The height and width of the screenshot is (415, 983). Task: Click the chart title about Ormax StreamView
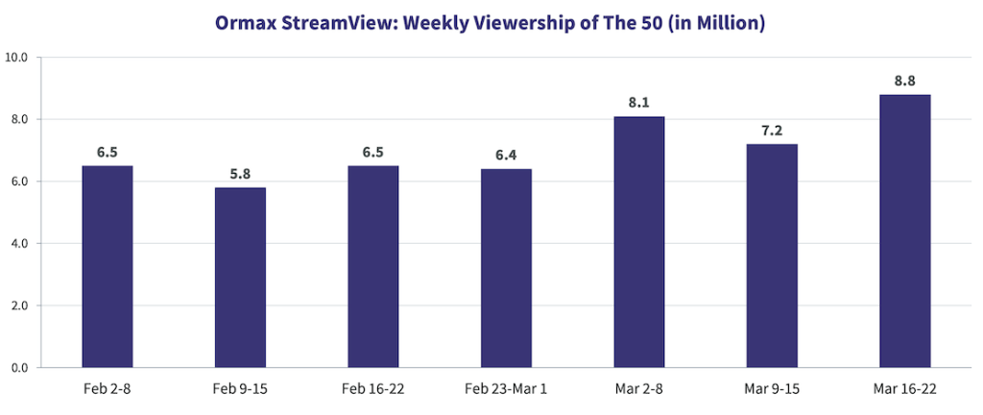pos(491,24)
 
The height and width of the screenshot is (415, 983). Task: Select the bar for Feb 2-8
pos(108,267)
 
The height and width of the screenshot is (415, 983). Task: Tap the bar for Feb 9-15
pos(240,278)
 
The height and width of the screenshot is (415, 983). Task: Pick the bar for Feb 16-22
pos(373,267)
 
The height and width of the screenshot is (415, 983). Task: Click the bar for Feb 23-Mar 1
pos(506,269)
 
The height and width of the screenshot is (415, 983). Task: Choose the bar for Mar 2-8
pos(639,242)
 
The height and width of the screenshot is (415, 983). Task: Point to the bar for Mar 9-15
pos(772,256)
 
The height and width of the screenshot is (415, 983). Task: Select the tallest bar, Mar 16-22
pos(904,232)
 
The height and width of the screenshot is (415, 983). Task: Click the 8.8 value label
pos(904,81)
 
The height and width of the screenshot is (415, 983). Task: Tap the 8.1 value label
pos(639,102)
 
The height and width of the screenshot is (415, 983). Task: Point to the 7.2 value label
pos(772,130)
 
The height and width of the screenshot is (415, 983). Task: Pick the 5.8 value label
pos(240,173)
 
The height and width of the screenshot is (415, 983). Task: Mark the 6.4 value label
pos(506,155)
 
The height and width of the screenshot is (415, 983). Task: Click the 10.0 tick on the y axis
pos(18,58)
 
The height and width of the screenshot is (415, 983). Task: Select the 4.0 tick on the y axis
pos(20,244)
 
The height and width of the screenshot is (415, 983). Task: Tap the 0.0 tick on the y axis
pos(20,368)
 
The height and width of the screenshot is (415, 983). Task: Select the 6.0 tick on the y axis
pos(20,182)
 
